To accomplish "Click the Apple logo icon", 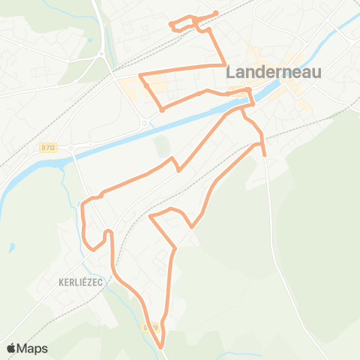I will pyautogui.click(x=12, y=348).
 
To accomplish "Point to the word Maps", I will pyautogui.click(x=32, y=348).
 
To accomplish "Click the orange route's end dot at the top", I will pyautogui.click(x=216, y=13).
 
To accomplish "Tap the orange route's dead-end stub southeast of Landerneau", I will pyautogui.click(x=264, y=154).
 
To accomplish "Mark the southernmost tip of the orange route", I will pyautogui.click(x=161, y=346).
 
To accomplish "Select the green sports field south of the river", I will pyautogui.click(x=161, y=145).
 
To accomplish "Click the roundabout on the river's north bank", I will pyautogui.click(x=143, y=123).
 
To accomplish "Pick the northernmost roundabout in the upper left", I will pyautogui.click(x=100, y=54).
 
